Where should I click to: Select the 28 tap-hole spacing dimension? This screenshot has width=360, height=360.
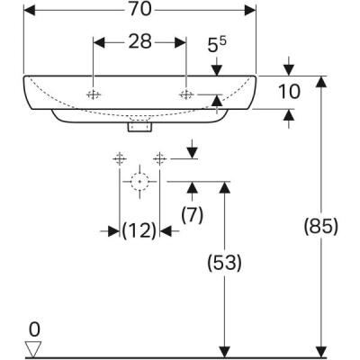point(139,43)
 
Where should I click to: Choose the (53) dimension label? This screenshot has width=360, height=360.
point(225,263)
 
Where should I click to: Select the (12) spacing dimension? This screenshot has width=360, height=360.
point(139,231)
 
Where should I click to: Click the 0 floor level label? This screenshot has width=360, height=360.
point(35,328)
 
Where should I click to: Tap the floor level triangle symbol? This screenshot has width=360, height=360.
point(35,348)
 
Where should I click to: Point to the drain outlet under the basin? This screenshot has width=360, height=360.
point(139,126)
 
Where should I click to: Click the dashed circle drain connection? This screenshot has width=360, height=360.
point(139,181)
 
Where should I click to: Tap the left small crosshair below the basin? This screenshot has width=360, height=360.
point(117,159)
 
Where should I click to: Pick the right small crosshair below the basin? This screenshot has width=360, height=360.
point(160,159)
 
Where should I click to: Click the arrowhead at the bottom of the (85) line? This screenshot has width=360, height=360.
point(320,351)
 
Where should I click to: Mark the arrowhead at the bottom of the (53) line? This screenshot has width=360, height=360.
point(224,351)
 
